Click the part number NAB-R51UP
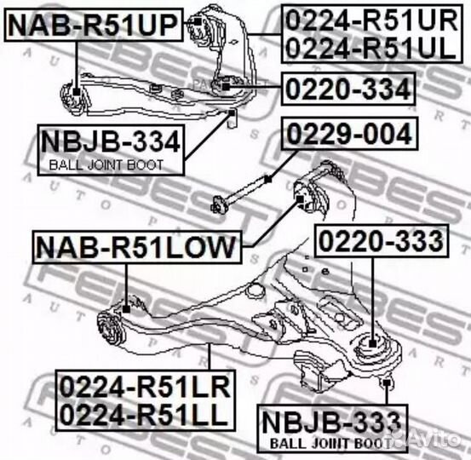(x=94, y=25)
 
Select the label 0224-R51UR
(x=371, y=20)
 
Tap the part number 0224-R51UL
(x=371, y=48)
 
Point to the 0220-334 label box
(x=348, y=89)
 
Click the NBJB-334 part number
(x=111, y=142)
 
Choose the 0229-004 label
(x=349, y=134)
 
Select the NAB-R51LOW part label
(x=136, y=247)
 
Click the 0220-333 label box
(x=382, y=241)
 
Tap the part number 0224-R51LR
(x=145, y=388)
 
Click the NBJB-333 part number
(x=331, y=423)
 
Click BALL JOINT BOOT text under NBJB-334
(x=106, y=165)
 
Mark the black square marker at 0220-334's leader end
(x=226, y=87)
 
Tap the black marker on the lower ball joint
(x=372, y=343)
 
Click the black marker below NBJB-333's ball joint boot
(x=387, y=382)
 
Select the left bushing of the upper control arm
(x=73, y=97)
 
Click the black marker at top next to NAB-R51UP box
(x=198, y=21)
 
